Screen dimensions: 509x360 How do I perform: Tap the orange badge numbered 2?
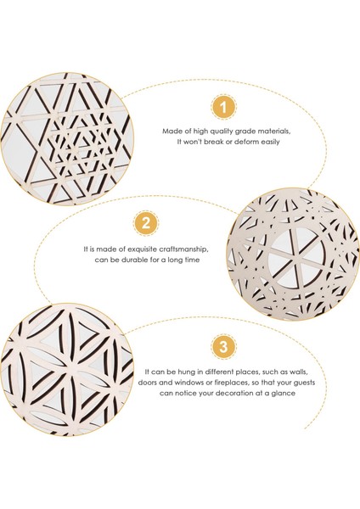146,224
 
